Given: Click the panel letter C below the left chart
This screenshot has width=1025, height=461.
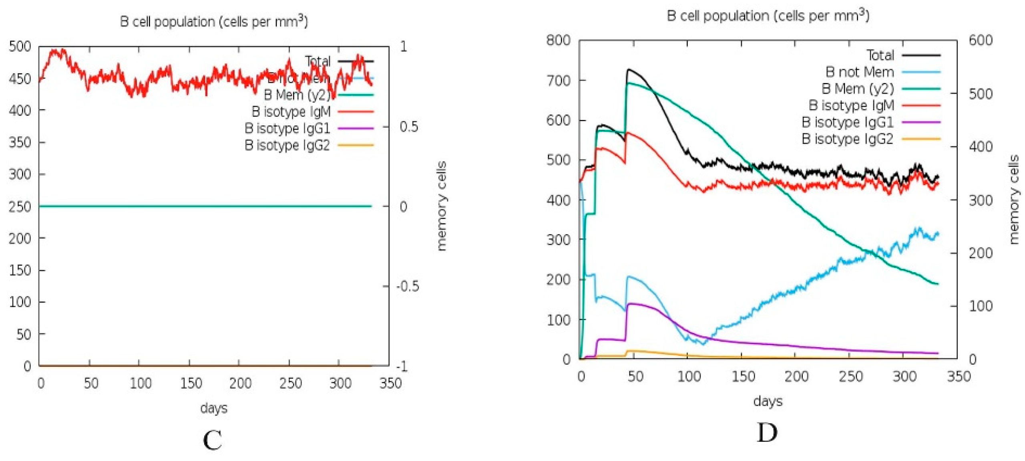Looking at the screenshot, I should [212, 440].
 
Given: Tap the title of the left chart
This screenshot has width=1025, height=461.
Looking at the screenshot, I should [214, 21].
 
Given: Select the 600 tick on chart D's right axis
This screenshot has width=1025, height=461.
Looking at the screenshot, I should [980, 40].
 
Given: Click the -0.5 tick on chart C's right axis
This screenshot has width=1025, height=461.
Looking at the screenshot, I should [408, 286].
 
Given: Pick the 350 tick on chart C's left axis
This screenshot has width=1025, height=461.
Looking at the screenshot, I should [20, 142].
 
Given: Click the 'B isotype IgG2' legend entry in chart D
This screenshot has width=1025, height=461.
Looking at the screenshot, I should [847, 139].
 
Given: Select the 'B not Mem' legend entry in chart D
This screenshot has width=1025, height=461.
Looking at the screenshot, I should [859, 72].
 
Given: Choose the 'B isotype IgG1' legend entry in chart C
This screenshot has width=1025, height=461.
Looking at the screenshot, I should [287, 128].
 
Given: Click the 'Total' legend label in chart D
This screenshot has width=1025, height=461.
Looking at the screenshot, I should [880, 55].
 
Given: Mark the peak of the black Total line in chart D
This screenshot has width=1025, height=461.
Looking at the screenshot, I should [629, 69].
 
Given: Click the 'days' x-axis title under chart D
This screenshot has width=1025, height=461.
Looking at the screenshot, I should [768, 401].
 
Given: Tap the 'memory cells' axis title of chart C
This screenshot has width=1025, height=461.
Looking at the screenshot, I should [442, 206].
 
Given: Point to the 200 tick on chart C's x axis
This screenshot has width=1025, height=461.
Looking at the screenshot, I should [240, 383].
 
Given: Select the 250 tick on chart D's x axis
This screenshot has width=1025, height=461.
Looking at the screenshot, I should [850, 376].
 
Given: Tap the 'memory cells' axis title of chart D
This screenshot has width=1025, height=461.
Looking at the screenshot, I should [1013, 200].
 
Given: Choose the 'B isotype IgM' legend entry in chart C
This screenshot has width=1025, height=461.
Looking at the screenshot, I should [291, 111].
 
